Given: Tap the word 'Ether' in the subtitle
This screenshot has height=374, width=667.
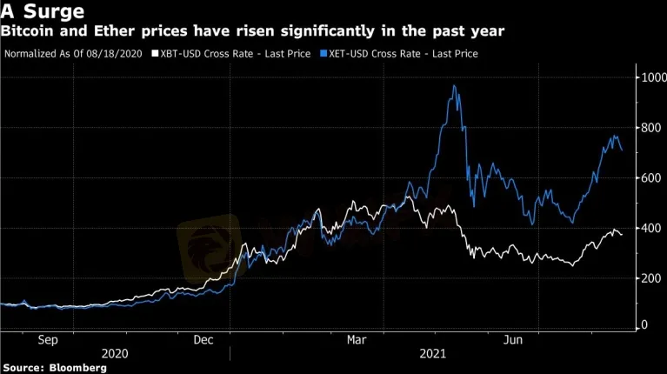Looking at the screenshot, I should point(106,31).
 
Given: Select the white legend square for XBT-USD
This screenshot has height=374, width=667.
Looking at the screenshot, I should point(155,54).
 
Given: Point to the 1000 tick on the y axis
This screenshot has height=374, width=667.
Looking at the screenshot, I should point(649,78).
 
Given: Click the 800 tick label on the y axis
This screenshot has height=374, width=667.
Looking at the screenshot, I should point(646,129).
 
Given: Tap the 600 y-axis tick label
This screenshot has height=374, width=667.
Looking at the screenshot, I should point(646,178).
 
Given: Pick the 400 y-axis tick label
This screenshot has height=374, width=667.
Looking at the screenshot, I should point(646,228).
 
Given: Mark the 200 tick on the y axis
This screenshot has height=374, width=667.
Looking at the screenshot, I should point(646,278).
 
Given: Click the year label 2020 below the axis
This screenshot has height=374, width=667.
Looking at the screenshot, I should point(116,354).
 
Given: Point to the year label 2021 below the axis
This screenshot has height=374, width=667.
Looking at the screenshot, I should point(432,354).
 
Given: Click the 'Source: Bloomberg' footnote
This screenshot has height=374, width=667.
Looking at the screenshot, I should point(54,368).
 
